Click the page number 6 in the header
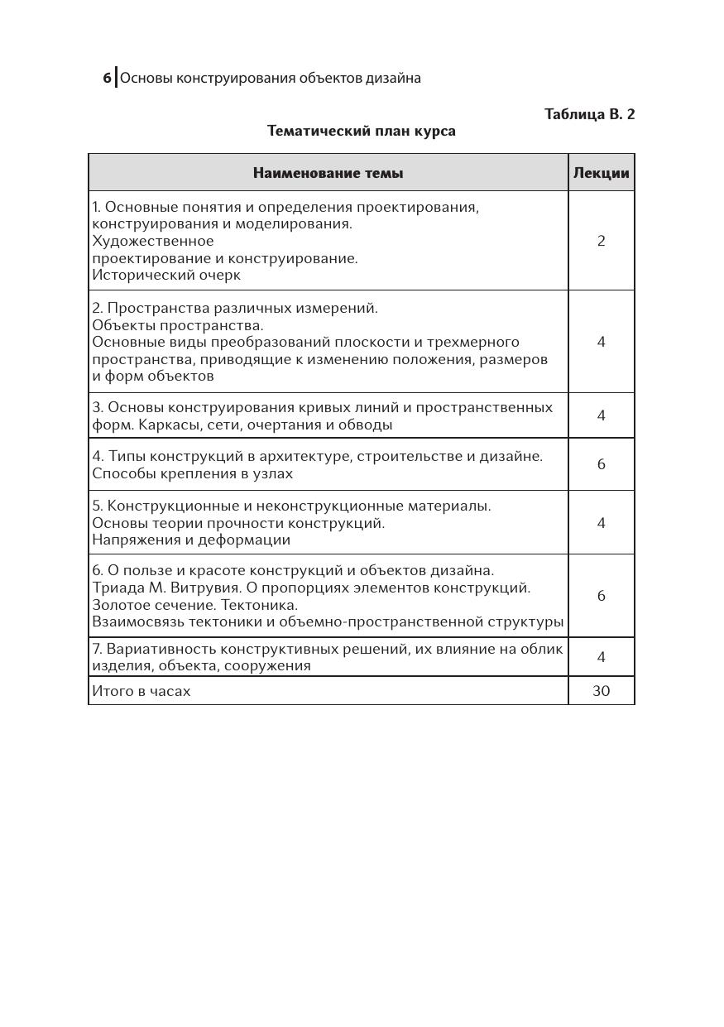[107, 79]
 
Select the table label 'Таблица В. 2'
[589, 114]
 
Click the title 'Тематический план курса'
[361, 131]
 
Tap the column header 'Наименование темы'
[328, 173]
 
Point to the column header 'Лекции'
[601, 173]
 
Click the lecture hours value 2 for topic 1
[602, 241]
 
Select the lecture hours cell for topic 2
[602, 342]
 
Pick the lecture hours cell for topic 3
[602, 415]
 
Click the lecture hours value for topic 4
[602, 464]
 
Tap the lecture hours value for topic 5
[602, 523]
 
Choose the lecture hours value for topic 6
[602, 596]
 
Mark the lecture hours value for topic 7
[602, 657]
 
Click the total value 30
[602, 691]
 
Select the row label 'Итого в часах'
[141, 691]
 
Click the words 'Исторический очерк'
[166, 275]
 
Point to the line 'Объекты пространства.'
[178, 325]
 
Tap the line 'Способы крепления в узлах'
[193, 473]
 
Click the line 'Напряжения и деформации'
[191, 540]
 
